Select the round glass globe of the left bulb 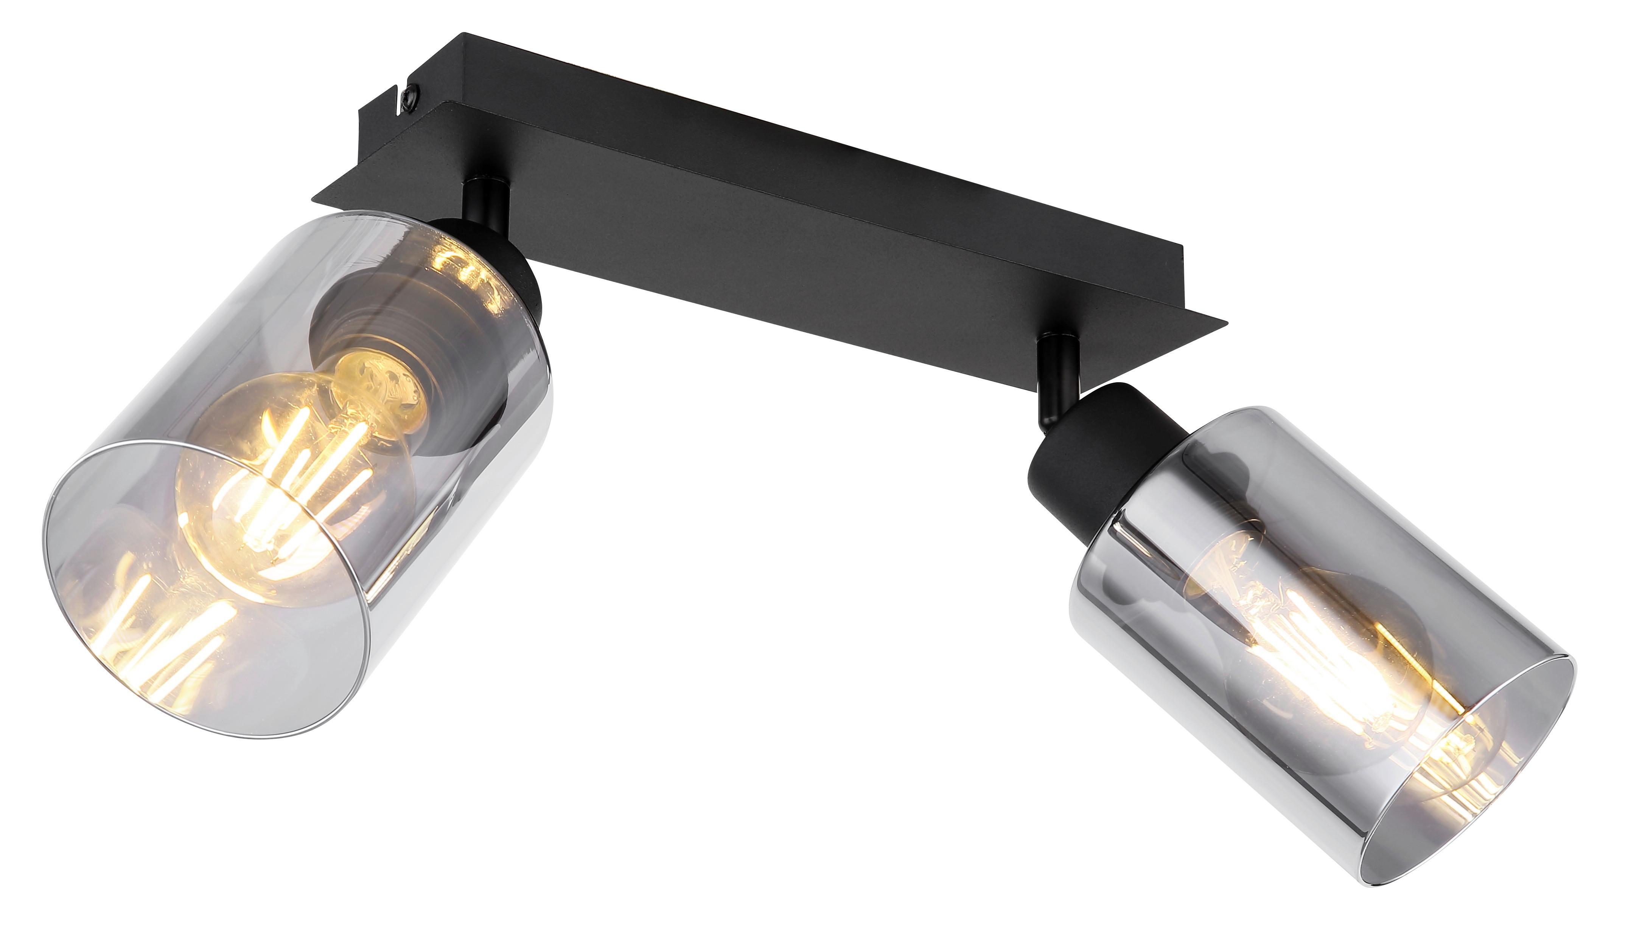point(271,490)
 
